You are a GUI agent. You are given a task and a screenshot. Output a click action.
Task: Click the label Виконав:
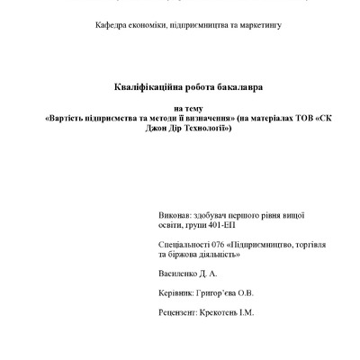pos(174,217)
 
